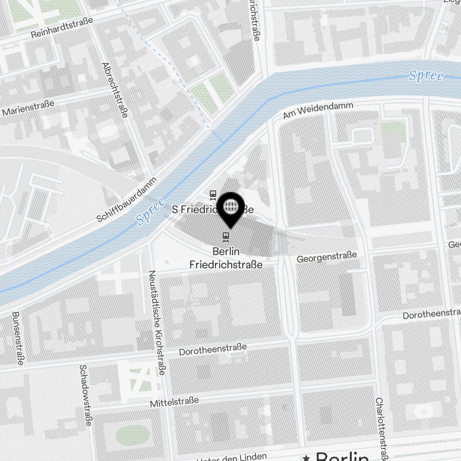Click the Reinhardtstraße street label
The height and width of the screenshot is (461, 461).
coord(62,28)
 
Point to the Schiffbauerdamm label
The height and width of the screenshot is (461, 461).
coord(127,200)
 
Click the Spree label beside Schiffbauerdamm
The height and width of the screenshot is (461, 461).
coord(151,212)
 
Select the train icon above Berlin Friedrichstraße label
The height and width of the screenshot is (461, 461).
coord(225,236)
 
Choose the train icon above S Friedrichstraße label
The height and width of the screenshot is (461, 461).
coord(213,195)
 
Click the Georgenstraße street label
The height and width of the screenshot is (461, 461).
coord(326,257)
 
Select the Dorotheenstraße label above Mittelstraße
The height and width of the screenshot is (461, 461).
coord(213,349)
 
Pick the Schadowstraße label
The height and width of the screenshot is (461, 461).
coord(85,396)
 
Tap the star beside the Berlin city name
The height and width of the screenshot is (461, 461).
coord(306,457)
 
